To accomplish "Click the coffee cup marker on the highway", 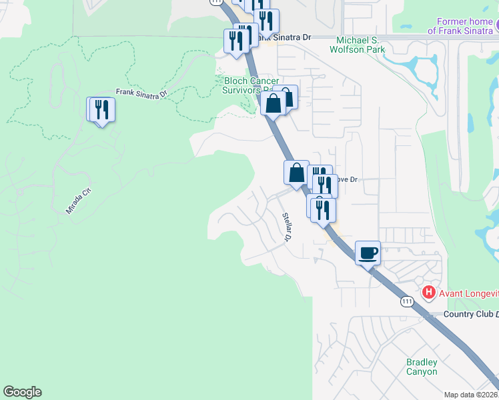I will click(x=368, y=253).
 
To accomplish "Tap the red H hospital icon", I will click(x=428, y=292).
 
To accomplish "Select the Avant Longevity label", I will click(x=466, y=292).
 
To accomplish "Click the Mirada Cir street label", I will click(x=77, y=201).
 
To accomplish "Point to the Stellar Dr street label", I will click(x=287, y=227).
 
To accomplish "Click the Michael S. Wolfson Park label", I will click(x=366, y=44).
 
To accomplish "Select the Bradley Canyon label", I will click(x=422, y=367).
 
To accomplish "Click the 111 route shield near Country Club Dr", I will click(x=408, y=302).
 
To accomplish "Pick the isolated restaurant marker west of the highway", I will click(x=102, y=110).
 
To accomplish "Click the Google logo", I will click(x=22, y=392).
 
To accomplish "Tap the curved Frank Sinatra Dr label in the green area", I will click(x=139, y=94).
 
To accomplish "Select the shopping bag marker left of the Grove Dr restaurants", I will click(x=297, y=173).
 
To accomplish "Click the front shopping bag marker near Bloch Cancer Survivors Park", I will click(x=273, y=103).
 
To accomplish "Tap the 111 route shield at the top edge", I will click(x=215, y=3).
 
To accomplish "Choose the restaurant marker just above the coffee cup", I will click(x=323, y=210).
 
